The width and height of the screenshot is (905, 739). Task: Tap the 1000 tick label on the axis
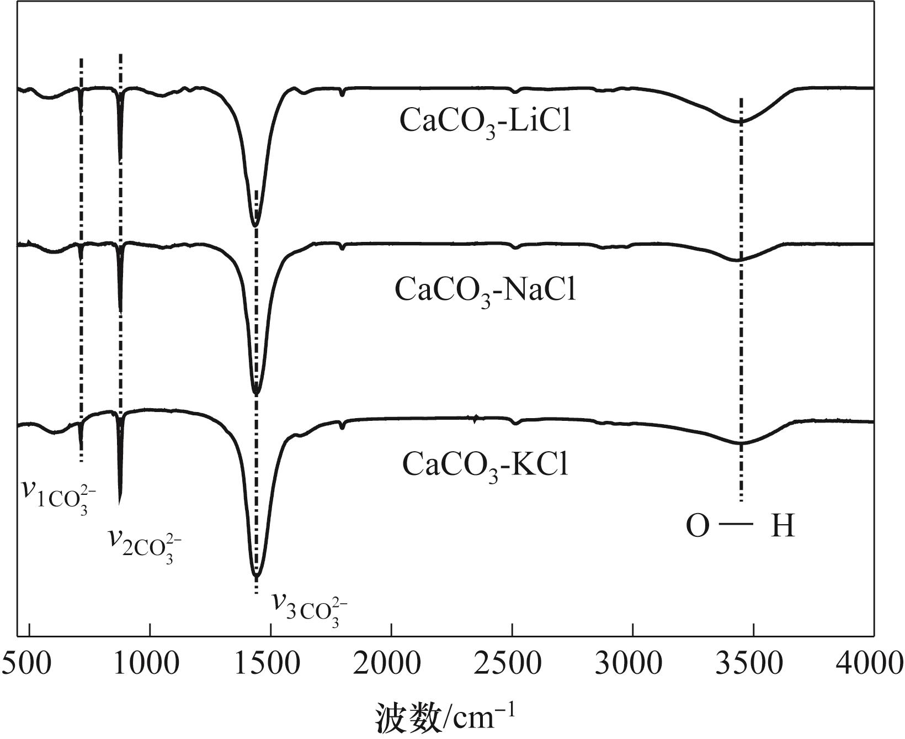point(150,663)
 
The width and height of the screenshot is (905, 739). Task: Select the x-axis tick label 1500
point(270,663)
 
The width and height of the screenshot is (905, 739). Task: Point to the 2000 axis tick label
point(391,663)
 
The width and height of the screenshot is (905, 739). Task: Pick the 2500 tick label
point(512,663)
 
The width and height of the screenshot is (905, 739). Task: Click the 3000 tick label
point(633,663)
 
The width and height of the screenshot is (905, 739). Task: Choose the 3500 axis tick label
point(753,663)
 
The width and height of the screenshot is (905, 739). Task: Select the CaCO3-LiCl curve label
point(485,122)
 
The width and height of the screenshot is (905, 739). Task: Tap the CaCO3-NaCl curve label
point(485,291)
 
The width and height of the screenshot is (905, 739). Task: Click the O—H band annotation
point(740,526)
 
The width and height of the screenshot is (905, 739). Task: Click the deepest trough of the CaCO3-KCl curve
point(256,576)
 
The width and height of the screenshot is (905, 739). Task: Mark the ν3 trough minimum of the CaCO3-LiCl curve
point(255,225)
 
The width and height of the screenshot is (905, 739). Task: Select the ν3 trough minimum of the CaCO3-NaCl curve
point(255,393)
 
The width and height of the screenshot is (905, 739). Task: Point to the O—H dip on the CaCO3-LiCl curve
point(741,122)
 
